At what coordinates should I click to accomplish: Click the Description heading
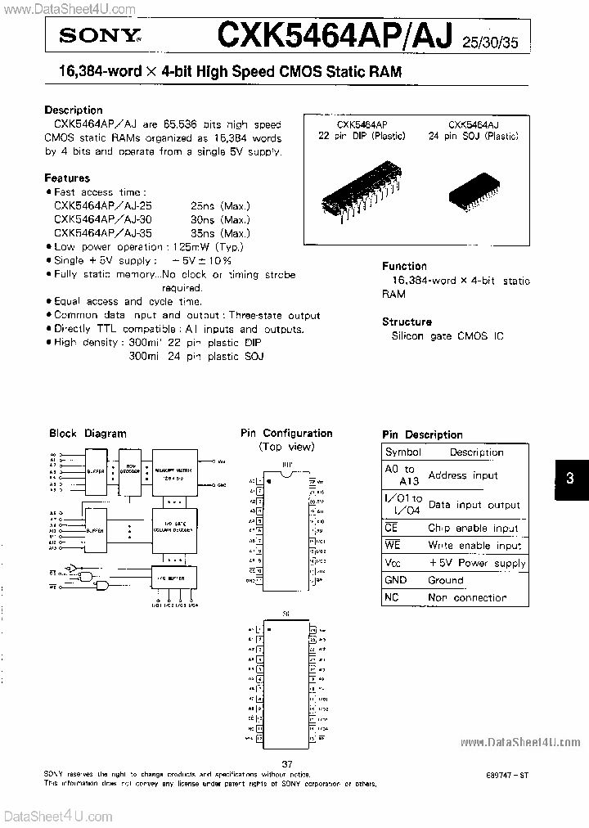coord(74,110)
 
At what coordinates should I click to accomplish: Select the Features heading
coord(67,178)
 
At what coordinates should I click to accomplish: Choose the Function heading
coord(404,266)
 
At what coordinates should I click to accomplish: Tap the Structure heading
coord(407,322)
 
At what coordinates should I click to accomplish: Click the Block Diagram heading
coord(88,434)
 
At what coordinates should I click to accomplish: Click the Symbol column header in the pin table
coord(402,452)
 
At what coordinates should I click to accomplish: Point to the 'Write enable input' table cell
coord(474,545)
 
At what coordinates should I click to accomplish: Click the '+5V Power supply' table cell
coord(477,563)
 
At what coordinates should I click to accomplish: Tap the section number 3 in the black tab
coord(570,479)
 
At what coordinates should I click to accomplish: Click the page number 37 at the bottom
coord(286,763)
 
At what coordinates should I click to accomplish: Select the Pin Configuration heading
coord(286,433)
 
